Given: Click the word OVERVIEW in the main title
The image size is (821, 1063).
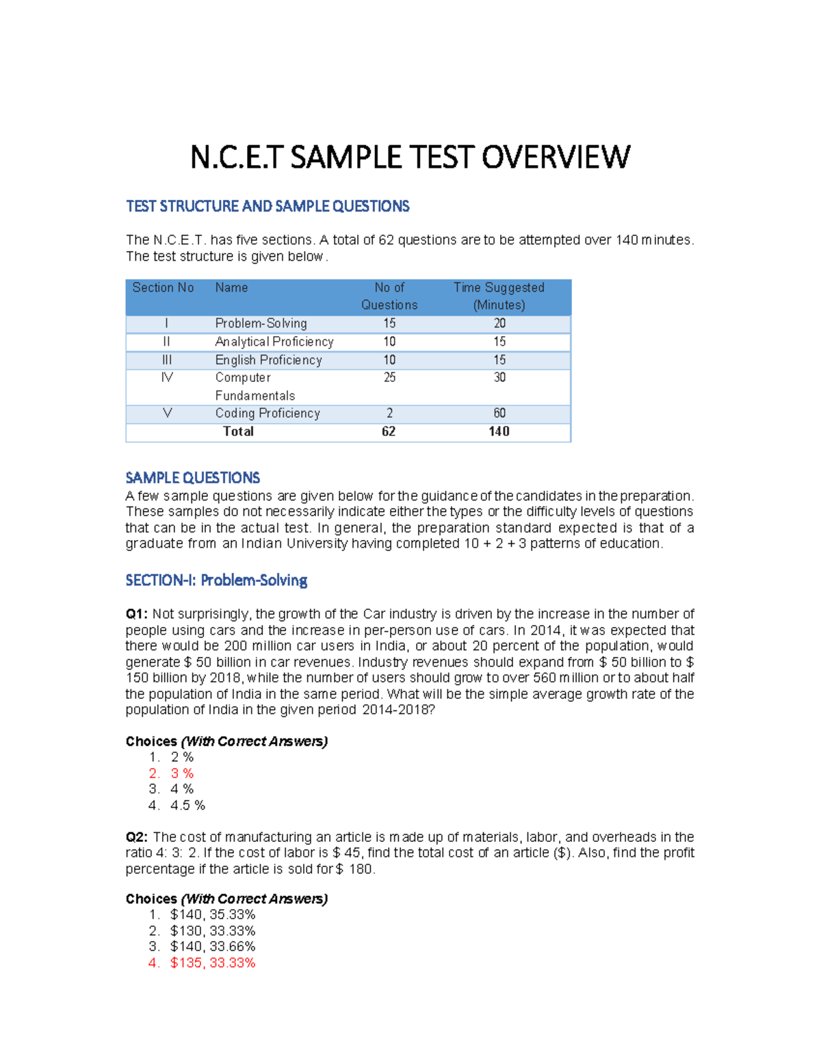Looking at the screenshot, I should click(x=556, y=157).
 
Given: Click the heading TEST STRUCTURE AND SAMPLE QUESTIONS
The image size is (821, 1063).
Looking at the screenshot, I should click(x=268, y=206).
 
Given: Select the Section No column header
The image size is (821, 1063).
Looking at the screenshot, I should click(x=163, y=287).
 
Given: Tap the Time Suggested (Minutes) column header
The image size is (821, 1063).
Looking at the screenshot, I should click(x=499, y=296).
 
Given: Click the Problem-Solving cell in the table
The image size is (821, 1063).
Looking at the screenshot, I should click(x=261, y=323).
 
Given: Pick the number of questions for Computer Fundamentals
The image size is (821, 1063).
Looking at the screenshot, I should click(x=389, y=377).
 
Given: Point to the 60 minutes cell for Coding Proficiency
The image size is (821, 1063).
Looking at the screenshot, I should click(x=499, y=413).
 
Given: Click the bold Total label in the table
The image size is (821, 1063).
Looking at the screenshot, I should click(x=238, y=431).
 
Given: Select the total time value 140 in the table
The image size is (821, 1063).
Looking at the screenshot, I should click(x=499, y=431).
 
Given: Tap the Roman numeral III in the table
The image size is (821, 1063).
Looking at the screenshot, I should click(x=166, y=359).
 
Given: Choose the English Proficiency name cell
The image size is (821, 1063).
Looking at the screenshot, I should click(x=268, y=359).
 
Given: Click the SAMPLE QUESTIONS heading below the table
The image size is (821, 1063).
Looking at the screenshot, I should click(x=192, y=478).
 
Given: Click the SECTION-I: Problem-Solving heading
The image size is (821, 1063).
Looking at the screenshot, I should click(x=216, y=580).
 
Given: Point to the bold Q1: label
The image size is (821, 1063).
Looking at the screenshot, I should click(x=137, y=614).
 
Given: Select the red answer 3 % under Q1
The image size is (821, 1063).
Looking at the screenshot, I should click(x=182, y=773).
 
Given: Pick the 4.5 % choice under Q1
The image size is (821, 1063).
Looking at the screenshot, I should click(x=187, y=806).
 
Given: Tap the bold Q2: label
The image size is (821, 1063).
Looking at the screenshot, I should click(x=137, y=837).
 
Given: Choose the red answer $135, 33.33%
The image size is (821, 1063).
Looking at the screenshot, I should click(x=213, y=963).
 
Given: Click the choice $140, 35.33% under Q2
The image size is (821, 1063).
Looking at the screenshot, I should click(x=213, y=914).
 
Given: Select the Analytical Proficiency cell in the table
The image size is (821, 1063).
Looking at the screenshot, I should click(x=274, y=342).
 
